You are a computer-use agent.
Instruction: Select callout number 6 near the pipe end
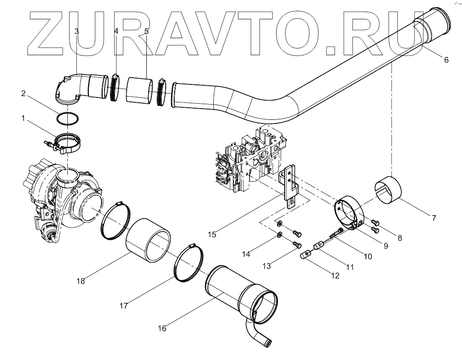tap(445, 60)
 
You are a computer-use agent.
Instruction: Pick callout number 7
tap(434, 219)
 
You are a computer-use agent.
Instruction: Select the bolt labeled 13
tap(296, 244)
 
